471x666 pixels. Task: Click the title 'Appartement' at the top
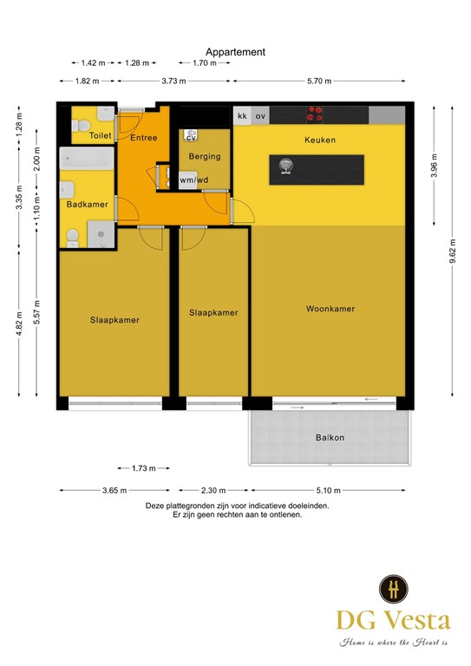pyautogui.click(x=235, y=52)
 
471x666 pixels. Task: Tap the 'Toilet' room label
pyautogui.click(x=100, y=136)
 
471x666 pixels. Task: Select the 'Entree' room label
pyautogui.click(x=143, y=138)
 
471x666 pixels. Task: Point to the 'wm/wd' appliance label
pyautogui.click(x=193, y=180)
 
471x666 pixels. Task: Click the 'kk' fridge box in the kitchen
pyautogui.click(x=242, y=115)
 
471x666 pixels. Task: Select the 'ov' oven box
pyautogui.click(x=260, y=115)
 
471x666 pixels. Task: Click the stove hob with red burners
pyautogui.click(x=315, y=114)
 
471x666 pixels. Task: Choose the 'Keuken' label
pyautogui.click(x=319, y=140)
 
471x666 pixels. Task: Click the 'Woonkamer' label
pyautogui.click(x=330, y=309)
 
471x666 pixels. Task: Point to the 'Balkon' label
pyautogui.click(x=330, y=438)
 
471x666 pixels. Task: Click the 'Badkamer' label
pyautogui.click(x=87, y=205)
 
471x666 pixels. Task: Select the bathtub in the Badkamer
pyautogui.click(x=85, y=160)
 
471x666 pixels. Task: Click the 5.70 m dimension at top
pyautogui.click(x=320, y=81)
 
